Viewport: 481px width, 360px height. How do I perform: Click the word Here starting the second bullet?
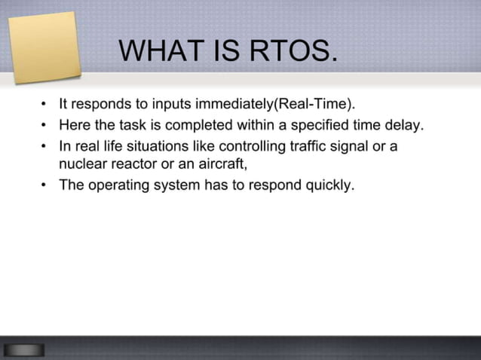point(74,124)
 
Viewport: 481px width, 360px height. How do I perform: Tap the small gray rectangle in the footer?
point(23,349)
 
